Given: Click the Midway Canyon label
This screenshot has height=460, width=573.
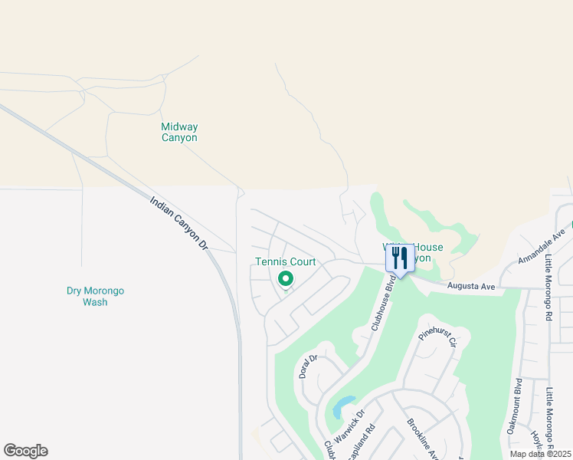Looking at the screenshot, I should [179, 133].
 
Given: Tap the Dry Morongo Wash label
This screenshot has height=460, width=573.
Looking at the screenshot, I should [95, 296].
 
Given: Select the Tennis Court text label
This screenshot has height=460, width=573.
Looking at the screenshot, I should [285, 261].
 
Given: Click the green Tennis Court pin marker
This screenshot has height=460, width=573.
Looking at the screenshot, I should [285, 280].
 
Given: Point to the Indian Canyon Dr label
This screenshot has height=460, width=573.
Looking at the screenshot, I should [179, 223].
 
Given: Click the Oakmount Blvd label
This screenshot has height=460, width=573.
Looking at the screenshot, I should [515, 406].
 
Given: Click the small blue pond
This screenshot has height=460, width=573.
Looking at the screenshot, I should [342, 406].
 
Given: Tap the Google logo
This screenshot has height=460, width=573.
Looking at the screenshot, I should [25, 451].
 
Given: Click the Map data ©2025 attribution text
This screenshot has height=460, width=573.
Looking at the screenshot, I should [540, 454].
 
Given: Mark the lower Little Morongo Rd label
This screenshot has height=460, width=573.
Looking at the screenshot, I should [549, 417].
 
